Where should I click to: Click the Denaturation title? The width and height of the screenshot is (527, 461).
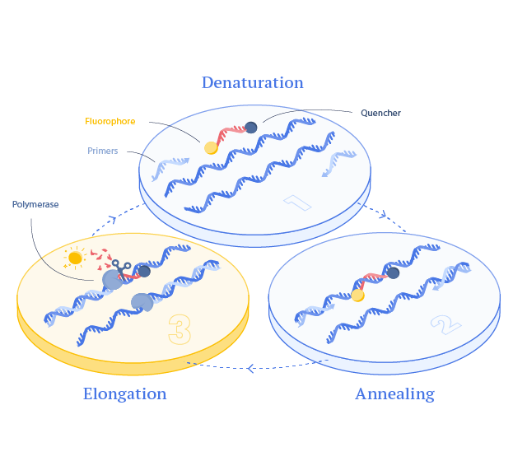[x=253, y=82]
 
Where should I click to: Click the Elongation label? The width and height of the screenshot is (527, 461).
[x=124, y=393]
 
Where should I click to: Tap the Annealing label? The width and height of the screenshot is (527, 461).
[x=394, y=393]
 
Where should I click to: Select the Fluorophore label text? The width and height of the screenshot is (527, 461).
[x=110, y=121]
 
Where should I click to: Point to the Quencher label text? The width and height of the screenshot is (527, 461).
[x=380, y=113]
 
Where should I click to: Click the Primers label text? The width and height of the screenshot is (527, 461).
[x=103, y=151]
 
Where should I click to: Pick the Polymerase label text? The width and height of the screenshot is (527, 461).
[x=35, y=203]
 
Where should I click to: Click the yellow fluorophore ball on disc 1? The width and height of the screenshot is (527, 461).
[x=211, y=148]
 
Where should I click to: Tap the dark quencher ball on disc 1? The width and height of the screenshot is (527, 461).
[x=250, y=127]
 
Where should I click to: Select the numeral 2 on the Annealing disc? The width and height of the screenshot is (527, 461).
[x=445, y=324]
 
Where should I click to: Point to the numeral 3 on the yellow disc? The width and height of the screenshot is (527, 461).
[x=179, y=328]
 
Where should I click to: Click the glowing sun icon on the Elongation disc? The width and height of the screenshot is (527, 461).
[x=75, y=258]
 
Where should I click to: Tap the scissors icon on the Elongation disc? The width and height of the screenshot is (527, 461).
[x=122, y=268]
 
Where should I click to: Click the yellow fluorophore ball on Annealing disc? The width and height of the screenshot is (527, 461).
[x=357, y=295]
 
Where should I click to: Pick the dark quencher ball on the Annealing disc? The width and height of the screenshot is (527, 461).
[x=393, y=273]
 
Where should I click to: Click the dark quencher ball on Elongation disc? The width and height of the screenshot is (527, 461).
[x=144, y=271]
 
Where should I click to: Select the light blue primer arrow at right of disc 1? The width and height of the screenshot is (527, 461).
[x=339, y=161]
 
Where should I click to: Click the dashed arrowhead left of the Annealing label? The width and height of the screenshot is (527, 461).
[x=252, y=367]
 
